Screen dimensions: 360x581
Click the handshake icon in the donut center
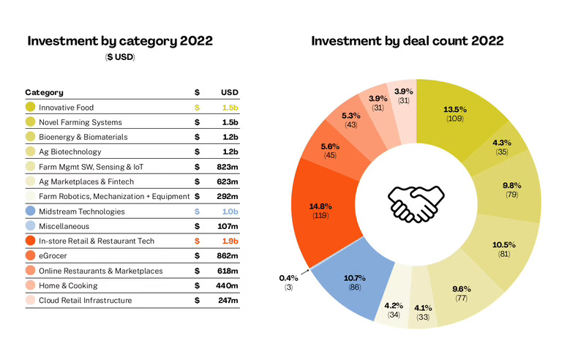(415, 203)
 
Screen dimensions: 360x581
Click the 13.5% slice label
(455, 110)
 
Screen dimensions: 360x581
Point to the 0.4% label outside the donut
(288, 278)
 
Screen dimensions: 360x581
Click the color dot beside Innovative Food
(31, 108)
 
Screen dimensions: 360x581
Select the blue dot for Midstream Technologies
(31, 211)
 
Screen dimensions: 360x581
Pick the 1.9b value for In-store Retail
(229, 241)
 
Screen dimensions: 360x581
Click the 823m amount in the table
(228, 167)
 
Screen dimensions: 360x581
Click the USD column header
(230, 92)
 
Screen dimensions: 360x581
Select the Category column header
(44, 92)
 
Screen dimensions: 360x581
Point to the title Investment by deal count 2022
(407, 41)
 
